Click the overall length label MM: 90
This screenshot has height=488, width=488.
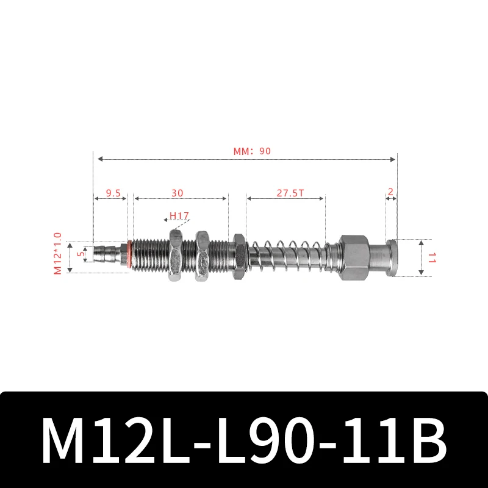click(251, 152)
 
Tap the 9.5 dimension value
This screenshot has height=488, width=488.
click(112, 193)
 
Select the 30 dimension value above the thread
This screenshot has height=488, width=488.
click(177, 193)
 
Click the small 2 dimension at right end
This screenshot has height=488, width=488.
click(391, 193)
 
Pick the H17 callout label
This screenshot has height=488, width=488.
click(179, 215)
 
